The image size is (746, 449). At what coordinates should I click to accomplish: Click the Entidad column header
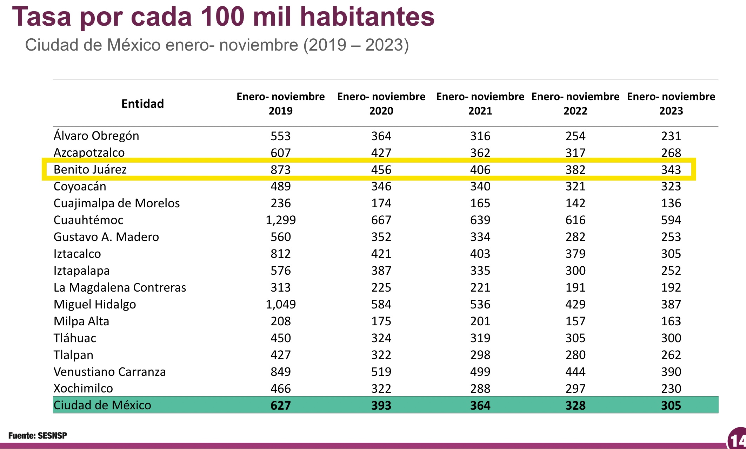[x=142, y=104]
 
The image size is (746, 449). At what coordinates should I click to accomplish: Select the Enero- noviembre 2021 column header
[x=480, y=104]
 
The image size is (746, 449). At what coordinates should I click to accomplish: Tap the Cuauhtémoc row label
[x=88, y=220]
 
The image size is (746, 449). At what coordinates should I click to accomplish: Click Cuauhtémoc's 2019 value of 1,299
[x=280, y=220]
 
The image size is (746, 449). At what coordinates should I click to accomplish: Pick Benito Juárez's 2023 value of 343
[x=671, y=170]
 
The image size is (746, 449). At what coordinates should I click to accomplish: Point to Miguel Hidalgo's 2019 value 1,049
[x=280, y=304]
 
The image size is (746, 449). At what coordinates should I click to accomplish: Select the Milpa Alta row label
[x=81, y=321]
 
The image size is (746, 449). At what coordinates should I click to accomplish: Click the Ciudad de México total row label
[x=102, y=405]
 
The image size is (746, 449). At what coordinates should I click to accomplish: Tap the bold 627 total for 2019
[x=280, y=405]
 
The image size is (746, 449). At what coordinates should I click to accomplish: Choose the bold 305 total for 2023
[x=671, y=405]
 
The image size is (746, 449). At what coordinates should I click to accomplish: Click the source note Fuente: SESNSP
[x=38, y=436]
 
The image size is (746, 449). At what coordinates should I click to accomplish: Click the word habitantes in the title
[x=367, y=17]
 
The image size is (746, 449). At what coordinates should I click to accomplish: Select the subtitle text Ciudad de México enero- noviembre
[x=161, y=45]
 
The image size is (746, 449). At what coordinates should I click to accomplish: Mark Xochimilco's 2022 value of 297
[x=575, y=389]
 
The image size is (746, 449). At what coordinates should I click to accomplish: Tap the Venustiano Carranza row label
[x=109, y=372]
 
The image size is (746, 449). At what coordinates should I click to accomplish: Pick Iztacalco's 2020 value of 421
[x=381, y=254]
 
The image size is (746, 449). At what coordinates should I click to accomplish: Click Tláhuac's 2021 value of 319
[x=480, y=338]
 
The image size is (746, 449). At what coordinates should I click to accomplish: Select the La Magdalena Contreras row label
[x=120, y=287]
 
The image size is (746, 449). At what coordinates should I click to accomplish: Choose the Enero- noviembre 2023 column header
[x=671, y=104]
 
